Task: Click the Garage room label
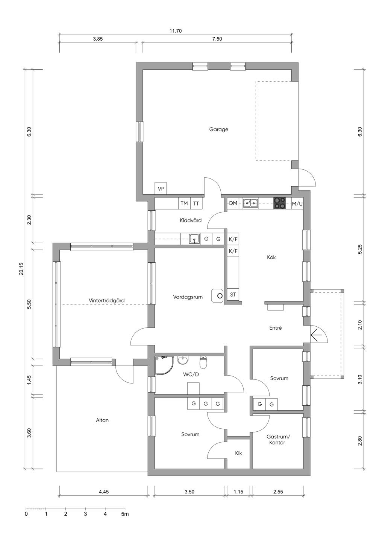click(218, 129)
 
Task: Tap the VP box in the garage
click(161, 188)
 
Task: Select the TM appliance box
click(184, 203)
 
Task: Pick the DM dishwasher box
click(233, 203)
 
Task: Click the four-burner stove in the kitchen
click(279, 203)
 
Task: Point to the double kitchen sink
click(250, 203)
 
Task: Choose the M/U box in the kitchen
click(297, 203)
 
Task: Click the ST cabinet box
click(233, 295)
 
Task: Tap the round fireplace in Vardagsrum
click(217, 296)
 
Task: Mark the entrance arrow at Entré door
click(316, 335)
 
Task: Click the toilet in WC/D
click(203, 362)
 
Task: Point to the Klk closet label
click(238, 453)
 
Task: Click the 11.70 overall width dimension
click(176, 31)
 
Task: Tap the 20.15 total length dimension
click(21, 269)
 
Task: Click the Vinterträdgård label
click(106, 300)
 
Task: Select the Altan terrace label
click(102, 420)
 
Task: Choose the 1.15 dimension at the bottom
click(238, 492)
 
